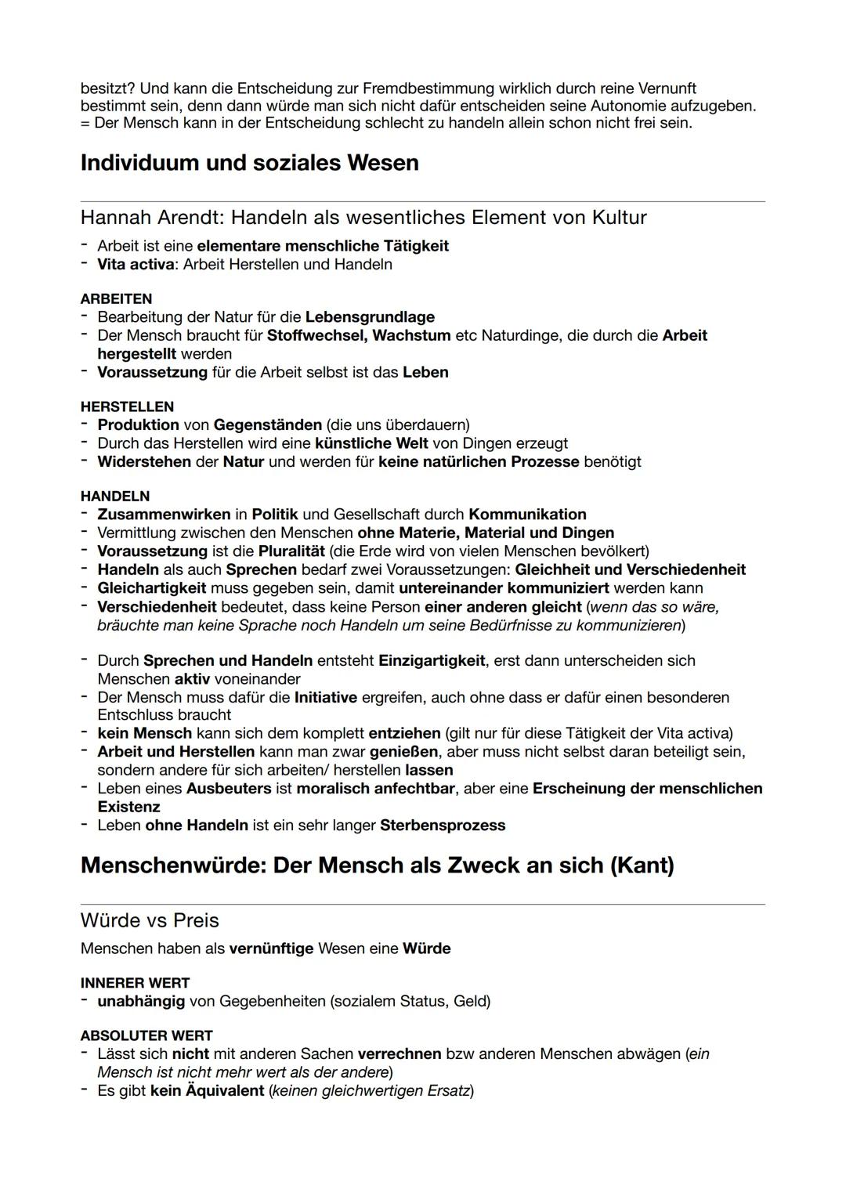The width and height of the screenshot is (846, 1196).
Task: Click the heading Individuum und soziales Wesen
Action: [x=249, y=163]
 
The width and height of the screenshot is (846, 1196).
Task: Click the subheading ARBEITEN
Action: [x=116, y=298]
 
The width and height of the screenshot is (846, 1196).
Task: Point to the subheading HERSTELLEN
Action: [x=127, y=406]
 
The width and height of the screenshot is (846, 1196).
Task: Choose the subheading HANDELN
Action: [x=114, y=496]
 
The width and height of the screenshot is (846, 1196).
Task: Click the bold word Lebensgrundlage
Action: [x=370, y=317]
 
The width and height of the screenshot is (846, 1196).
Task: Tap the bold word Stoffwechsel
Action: [x=316, y=335]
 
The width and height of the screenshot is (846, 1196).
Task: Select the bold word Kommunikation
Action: [x=527, y=515]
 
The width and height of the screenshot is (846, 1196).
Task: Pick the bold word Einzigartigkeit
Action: [x=432, y=660]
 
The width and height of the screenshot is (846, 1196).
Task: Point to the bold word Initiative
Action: [x=325, y=697]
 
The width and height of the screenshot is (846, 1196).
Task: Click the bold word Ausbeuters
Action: [x=229, y=788]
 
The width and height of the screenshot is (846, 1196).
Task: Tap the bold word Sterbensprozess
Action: [x=443, y=825]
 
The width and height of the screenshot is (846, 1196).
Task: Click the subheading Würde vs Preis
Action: [x=150, y=920]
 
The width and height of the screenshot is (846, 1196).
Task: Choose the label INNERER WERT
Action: [x=135, y=982]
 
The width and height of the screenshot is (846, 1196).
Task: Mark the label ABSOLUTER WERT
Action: [x=146, y=1035]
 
